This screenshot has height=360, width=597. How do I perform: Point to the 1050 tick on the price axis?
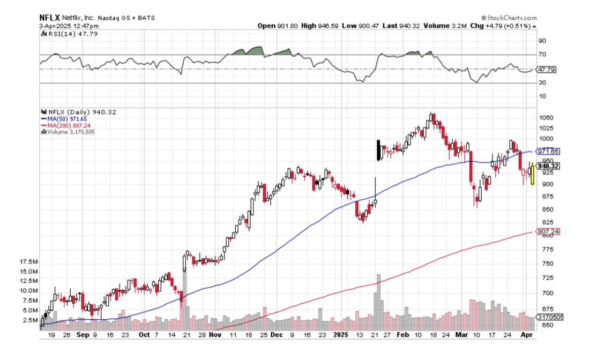click(x=547, y=118)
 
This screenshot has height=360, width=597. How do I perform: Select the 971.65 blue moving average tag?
click(x=548, y=152)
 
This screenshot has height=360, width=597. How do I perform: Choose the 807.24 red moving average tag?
click(x=548, y=231)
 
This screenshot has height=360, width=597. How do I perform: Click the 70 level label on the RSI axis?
click(x=542, y=55)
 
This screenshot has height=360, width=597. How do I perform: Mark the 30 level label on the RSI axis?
click(x=542, y=82)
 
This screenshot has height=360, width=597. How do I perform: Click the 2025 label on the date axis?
click(x=341, y=334)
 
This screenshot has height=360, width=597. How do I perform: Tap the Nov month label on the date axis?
click(x=215, y=334)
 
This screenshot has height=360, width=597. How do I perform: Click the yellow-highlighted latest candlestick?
click(x=532, y=174)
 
